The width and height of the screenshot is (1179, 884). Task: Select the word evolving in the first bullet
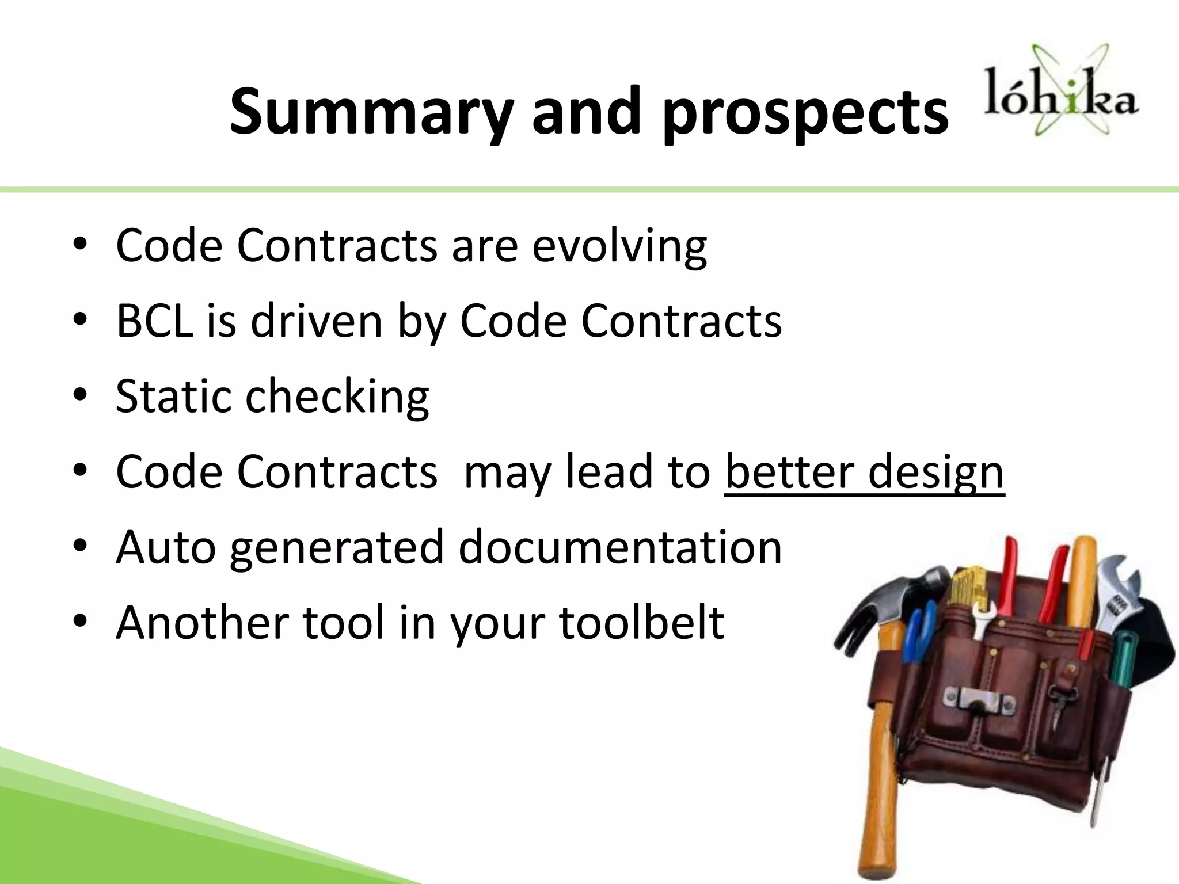pyautogui.click(x=619, y=246)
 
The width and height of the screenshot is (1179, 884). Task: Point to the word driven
pyautogui.click(x=317, y=321)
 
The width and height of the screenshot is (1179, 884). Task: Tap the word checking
pyautogui.click(x=337, y=397)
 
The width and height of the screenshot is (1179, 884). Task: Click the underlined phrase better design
pyautogui.click(x=864, y=472)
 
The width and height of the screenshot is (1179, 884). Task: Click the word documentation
pyautogui.click(x=620, y=547)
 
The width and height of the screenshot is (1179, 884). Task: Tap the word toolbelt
pyautogui.click(x=641, y=623)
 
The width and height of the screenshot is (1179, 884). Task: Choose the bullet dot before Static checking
pyautogui.click(x=80, y=395)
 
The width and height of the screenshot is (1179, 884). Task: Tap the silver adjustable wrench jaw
pyautogui.click(x=1120, y=576)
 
